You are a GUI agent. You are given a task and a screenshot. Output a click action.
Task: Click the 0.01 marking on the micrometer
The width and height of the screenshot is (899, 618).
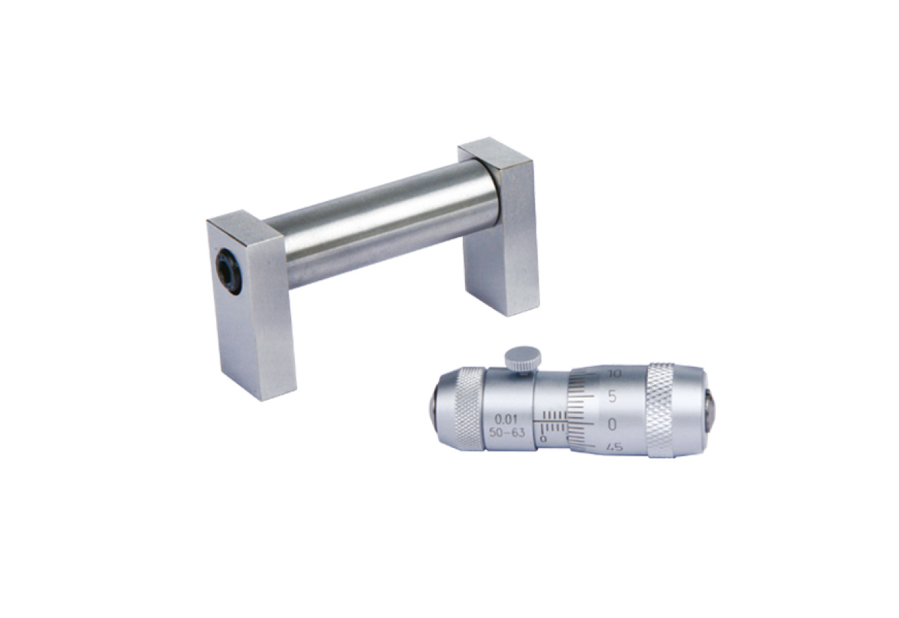[x=505, y=421]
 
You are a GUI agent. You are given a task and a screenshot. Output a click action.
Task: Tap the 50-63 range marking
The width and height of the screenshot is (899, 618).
[x=507, y=433]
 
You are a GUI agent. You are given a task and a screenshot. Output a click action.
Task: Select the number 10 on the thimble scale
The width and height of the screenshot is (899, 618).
[x=614, y=373]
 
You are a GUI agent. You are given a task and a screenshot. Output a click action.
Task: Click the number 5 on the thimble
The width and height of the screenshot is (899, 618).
[x=613, y=396]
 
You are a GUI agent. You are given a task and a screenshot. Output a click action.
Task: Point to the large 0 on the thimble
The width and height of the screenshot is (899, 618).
[x=613, y=425]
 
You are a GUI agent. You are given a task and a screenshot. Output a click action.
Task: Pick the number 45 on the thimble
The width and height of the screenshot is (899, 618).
[x=615, y=447]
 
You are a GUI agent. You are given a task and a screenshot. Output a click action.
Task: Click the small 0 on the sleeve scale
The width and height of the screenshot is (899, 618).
[x=543, y=439]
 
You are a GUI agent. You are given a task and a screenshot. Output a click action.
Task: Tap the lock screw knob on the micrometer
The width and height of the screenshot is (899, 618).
[x=523, y=359]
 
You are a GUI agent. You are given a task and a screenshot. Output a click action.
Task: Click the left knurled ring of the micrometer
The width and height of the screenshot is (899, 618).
[x=469, y=408]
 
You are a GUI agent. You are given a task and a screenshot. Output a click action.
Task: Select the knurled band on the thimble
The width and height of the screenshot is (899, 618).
[x=661, y=410]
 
